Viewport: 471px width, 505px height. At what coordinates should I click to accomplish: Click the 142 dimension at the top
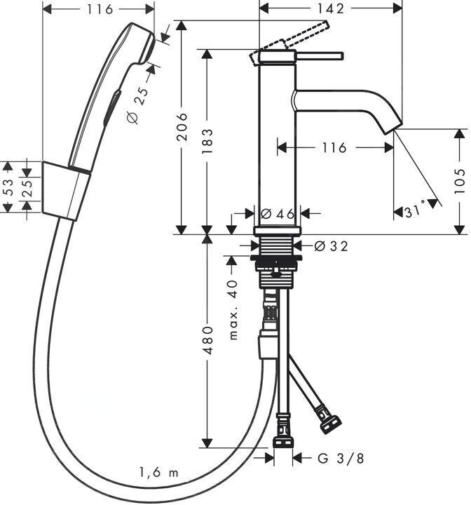pyautogui.click(x=330, y=8)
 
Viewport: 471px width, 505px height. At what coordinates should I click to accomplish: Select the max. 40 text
pyautogui.click(x=233, y=310)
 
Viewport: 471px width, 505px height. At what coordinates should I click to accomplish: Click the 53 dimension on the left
pyautogui.click(x=8, y=187)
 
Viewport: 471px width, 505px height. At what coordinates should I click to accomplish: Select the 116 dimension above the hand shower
pyautogui.click(x=98, y=9)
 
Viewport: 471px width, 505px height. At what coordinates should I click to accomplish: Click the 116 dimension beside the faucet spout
pyautogui.click(x=334, y=148)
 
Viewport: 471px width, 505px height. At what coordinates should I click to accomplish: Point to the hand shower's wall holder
pyautogui.click(x=67, y=189)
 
